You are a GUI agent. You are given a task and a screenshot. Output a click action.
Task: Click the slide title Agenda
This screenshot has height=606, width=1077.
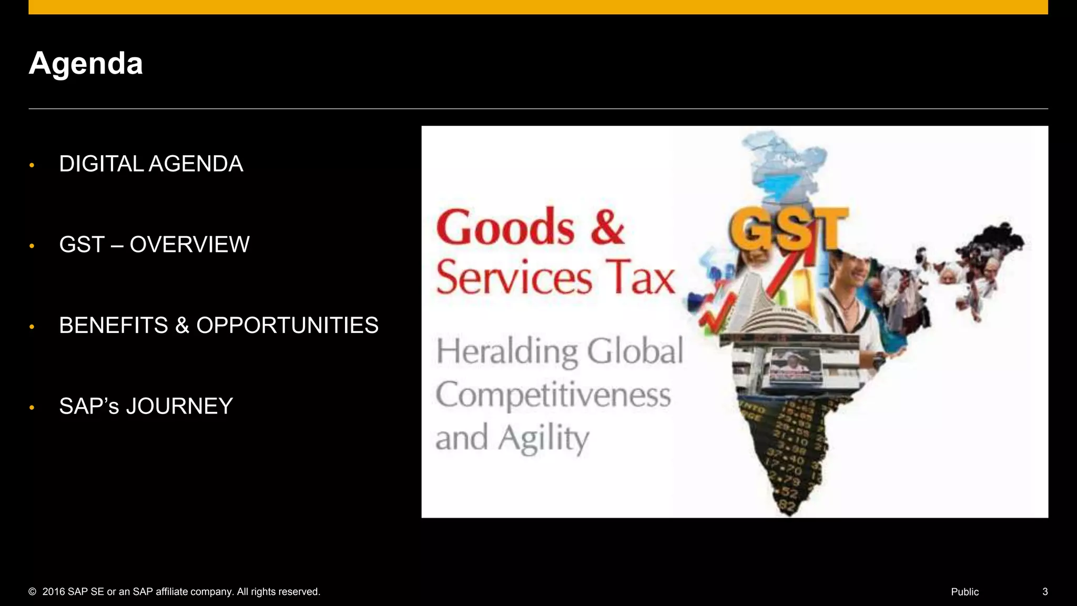point(86,64)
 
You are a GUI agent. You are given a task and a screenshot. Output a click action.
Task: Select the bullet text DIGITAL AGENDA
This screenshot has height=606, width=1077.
point(151,164)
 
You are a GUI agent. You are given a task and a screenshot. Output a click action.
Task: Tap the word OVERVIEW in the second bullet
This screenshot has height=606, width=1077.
point(189,245)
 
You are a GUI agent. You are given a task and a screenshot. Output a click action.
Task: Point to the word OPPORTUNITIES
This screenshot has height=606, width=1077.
point(287,326)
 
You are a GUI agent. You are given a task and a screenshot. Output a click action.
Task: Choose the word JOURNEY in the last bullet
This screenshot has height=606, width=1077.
point(179,406)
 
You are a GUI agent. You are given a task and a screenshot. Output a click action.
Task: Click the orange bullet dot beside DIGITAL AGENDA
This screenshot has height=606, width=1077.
point(32,166)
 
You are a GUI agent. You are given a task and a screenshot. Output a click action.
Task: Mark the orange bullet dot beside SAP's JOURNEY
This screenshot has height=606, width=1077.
point(32,408)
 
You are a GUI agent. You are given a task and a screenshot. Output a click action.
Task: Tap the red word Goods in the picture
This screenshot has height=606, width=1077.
point(505,227)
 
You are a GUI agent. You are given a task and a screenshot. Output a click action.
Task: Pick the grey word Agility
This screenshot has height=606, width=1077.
point(544,438)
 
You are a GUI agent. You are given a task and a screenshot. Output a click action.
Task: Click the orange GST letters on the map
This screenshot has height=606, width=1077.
point(788,229)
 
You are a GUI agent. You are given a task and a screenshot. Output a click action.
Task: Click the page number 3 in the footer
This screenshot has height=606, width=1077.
point(1045,592)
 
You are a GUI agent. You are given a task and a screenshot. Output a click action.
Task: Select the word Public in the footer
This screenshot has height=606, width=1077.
point(964,592)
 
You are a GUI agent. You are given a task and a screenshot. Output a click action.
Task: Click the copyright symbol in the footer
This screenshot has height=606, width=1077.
point(33,592)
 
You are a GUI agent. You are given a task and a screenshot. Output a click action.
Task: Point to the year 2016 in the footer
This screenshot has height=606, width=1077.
point(54,592)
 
